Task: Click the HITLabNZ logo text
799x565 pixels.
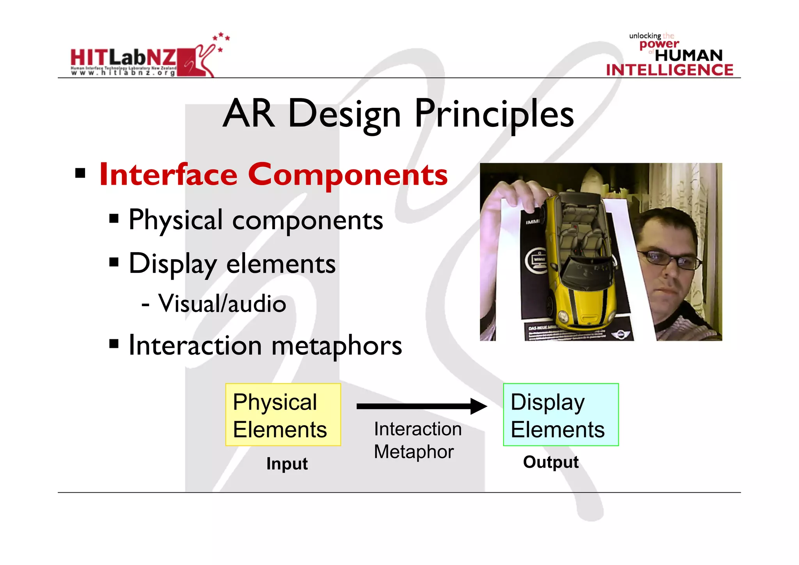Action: (123, 57)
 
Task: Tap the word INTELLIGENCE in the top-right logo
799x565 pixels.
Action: (669, 70)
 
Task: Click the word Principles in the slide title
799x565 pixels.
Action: (494, 114)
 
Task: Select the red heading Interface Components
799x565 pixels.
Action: (273, 175)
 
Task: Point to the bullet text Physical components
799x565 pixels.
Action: (256, 220)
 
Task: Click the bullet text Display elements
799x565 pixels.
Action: (232, 264)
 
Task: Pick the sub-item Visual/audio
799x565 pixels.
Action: (222, 303)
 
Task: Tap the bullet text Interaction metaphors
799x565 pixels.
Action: (265, 346)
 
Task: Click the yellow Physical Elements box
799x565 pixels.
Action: (283, 415)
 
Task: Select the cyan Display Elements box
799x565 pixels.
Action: (561, 415)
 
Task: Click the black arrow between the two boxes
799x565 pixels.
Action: (421, 406)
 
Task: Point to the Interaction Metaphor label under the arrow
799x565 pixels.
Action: (417, 440)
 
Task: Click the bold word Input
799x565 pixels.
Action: (287, 464)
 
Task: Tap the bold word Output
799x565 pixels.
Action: (550, 462)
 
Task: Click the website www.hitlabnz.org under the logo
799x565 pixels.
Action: (123, 73)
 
